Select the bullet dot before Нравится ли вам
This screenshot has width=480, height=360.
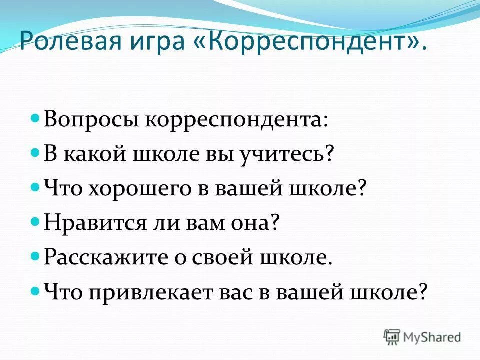tap(35, 221)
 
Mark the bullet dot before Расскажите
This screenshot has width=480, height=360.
tap(35, 255)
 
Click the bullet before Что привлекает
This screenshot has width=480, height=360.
tap(35, 289)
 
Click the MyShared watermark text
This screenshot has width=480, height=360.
tap(432, 337)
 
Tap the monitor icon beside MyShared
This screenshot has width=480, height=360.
tap(392, 337)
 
